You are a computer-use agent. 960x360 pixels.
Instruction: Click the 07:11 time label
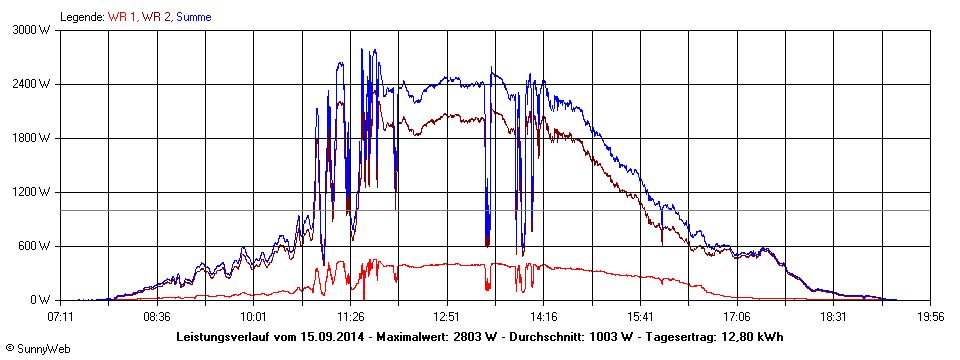pyautogui.click(x=61, y=316)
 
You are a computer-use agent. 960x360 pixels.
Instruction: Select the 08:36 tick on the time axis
pyautogui.click(x=157, y=316)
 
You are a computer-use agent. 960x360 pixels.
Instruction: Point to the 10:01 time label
pyautogui.click(x=254, y=316)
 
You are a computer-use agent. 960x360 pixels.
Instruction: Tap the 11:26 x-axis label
pyautogui.click(x=350, y=316)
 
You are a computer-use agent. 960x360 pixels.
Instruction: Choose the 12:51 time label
pyautogui.click(x=447, y=316)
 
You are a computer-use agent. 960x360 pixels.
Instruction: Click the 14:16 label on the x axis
pyautogui.click(x=544, y=316)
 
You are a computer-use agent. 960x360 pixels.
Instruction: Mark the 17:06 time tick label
pyautogui.click(x=737, y=316)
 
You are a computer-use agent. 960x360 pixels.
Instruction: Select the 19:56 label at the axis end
pyautogui.click(x=930, y=316)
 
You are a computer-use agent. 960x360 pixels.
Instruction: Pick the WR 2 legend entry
pyautogui.click(x=157, y=17)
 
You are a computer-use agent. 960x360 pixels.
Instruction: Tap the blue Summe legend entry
pyautogui.click(x=193, y=17)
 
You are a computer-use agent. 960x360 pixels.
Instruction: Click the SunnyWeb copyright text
pyautogui.click(x=36, y=348)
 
